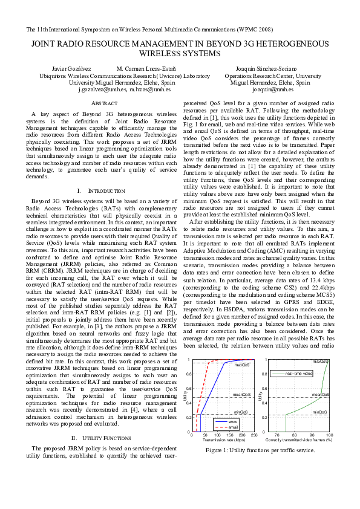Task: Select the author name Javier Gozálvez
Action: pos(68,69)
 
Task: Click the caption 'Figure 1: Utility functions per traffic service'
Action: pos(260,450)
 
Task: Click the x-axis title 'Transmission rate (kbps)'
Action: pos(223,441)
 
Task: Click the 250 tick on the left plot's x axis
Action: pos(254,436)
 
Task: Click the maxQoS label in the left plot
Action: pos(243,365)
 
